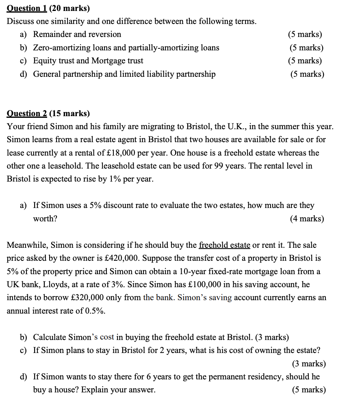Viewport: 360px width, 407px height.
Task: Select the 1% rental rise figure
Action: (115, 179)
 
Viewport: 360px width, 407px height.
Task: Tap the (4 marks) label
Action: (307, 219)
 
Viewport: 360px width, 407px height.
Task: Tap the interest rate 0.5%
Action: (95, 311)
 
